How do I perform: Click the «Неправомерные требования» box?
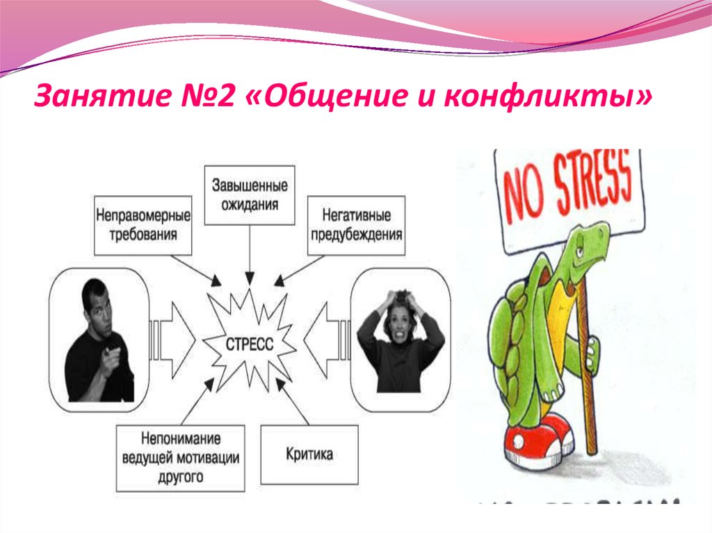(x=136, y=224)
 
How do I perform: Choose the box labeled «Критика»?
(x=309, y=454)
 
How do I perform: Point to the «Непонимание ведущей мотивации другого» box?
(x=180, y=457)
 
